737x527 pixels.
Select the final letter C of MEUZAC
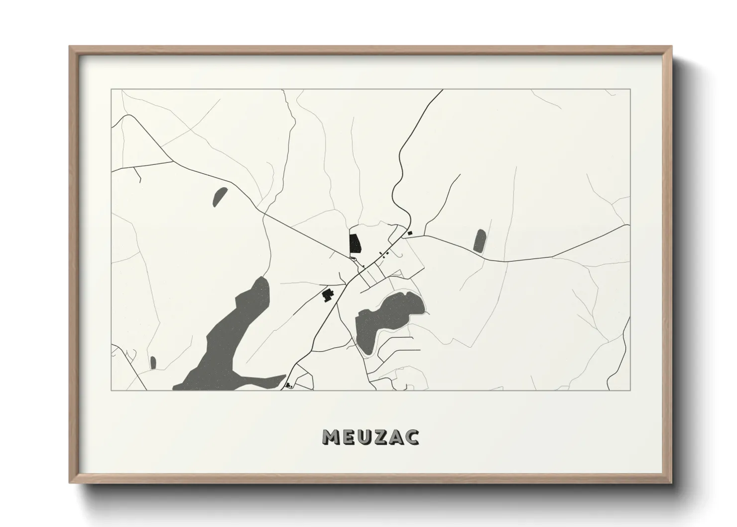412,437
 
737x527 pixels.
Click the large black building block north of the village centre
355,243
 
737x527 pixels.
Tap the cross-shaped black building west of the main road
327,295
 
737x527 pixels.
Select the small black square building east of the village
410,233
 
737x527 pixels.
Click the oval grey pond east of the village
480,241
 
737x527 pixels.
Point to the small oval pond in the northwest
220,196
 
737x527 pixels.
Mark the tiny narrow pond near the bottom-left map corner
153,363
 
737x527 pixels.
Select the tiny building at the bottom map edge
288,385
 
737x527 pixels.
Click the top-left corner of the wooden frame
70,46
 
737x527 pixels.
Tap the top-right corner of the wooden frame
672,46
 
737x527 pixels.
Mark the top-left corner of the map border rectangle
112,89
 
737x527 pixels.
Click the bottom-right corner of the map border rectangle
630,391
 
